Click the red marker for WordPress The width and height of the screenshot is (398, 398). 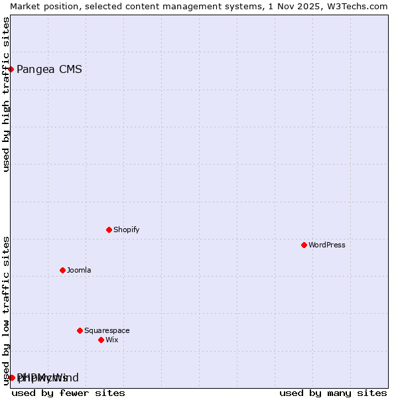click(x=304, y=245)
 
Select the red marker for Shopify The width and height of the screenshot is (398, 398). click(x=109, y=230)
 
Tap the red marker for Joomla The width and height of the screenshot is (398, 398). click(x=62, y=270)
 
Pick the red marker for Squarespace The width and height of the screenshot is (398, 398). click(x=80, y=330)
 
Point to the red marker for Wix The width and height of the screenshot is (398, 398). click(x=101, y=340)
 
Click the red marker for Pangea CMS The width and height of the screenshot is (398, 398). click(x=11, y=69)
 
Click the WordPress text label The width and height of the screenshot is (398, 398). click(x=327, y=245)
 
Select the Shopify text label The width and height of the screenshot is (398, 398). click(x=126, y=230)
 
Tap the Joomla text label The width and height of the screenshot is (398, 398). click(x=79, y=270)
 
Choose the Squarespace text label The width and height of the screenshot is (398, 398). click(x=107, y=330)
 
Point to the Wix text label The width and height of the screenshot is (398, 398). click(x=111, y=340)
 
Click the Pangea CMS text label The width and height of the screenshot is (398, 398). click(x=49, y=69)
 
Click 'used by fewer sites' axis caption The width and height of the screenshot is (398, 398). click(x=68, y=393)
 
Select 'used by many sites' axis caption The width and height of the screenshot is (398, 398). click(x=333, y=393)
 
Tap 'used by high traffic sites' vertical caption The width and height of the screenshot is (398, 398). click(x=6, y=95)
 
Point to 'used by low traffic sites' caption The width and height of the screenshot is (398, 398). click(x=6, y=310)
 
